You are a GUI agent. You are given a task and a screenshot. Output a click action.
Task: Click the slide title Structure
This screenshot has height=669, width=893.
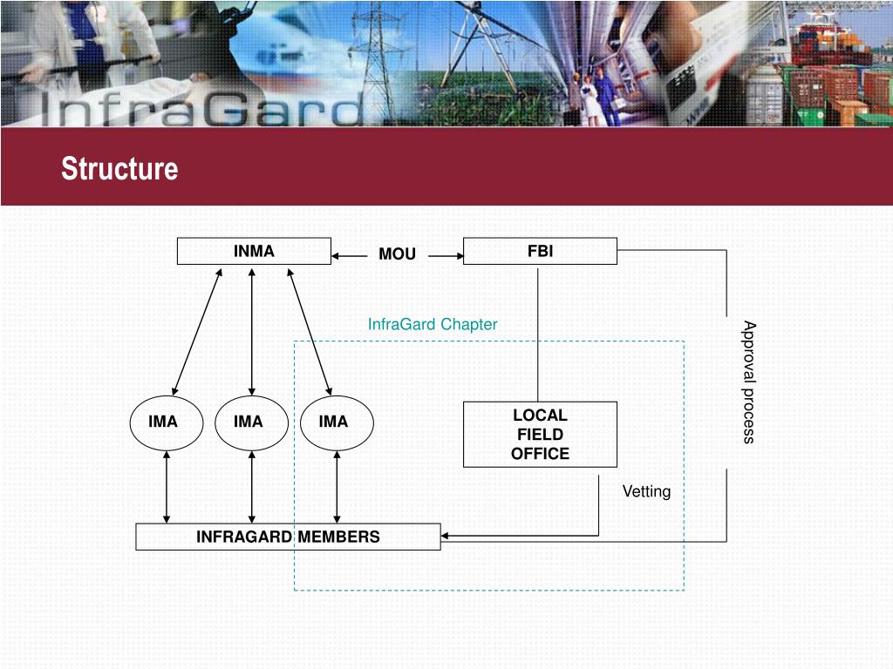pos(119,168)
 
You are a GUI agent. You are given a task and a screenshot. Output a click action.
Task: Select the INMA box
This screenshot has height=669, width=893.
pos(254,251)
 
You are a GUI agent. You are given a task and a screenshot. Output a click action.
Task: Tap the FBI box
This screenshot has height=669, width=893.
pos(540,251)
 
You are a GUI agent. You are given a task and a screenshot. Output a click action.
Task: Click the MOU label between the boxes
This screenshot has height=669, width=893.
pos(397,254)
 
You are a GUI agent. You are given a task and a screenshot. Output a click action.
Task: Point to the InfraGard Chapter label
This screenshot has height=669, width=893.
pos(433,324)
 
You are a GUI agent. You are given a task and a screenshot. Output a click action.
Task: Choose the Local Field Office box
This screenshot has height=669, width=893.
pos(540,434)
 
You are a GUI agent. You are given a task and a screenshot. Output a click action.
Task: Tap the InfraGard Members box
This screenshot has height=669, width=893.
pos(288,537)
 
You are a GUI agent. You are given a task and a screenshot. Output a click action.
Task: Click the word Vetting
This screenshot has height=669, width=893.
pos(646,491)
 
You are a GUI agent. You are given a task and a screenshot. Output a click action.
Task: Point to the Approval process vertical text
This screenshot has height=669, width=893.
pos(748,382)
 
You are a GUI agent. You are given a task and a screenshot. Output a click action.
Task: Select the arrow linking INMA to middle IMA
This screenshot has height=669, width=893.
pos(251,331)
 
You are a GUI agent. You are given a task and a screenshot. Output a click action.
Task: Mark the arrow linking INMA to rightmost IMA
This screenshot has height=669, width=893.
pos(310,331)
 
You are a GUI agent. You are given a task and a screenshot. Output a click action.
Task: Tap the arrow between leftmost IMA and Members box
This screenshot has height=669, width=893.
pos(166,487)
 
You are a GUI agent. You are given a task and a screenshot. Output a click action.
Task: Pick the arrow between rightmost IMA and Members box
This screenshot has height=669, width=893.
pos(337,487)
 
